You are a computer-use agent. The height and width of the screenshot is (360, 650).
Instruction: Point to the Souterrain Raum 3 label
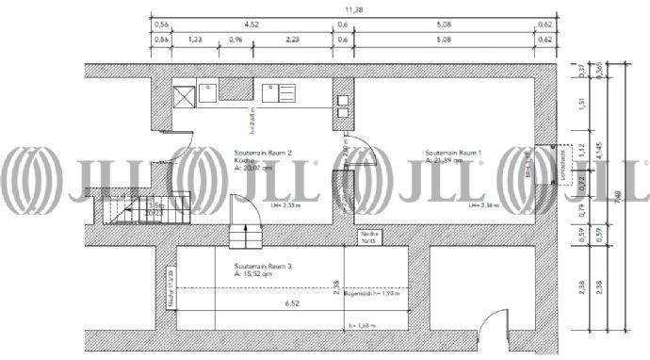tap(263, 267)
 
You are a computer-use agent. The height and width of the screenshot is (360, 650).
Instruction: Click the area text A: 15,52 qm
tap(256, 274)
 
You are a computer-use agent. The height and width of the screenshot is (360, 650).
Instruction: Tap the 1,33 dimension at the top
tap(195, 41)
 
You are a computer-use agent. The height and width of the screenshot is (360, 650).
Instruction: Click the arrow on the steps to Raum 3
tap(247, 226)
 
